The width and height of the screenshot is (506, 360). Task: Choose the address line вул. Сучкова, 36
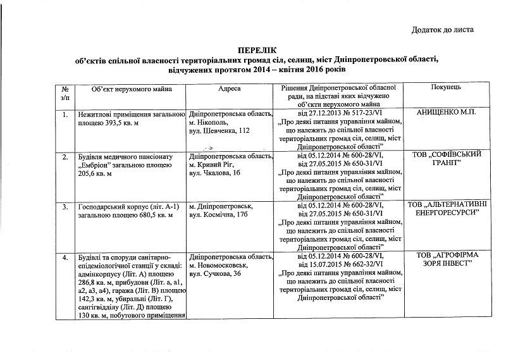click(x=214, y=273)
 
